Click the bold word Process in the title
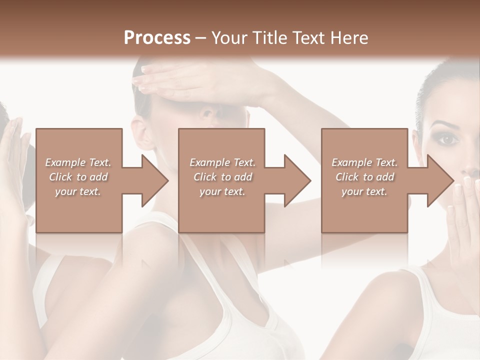(157, 37)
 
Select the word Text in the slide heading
(313, 37)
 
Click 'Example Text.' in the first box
(78, 162)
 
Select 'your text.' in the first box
(78, 191)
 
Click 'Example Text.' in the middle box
(222, 162)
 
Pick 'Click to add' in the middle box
(222, 177)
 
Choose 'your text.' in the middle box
(222, 191)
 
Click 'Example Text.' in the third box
(364, 162)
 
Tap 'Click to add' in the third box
(364, 177)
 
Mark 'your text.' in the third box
(364, 191)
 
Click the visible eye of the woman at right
(448, 139)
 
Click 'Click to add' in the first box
(78, 177)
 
